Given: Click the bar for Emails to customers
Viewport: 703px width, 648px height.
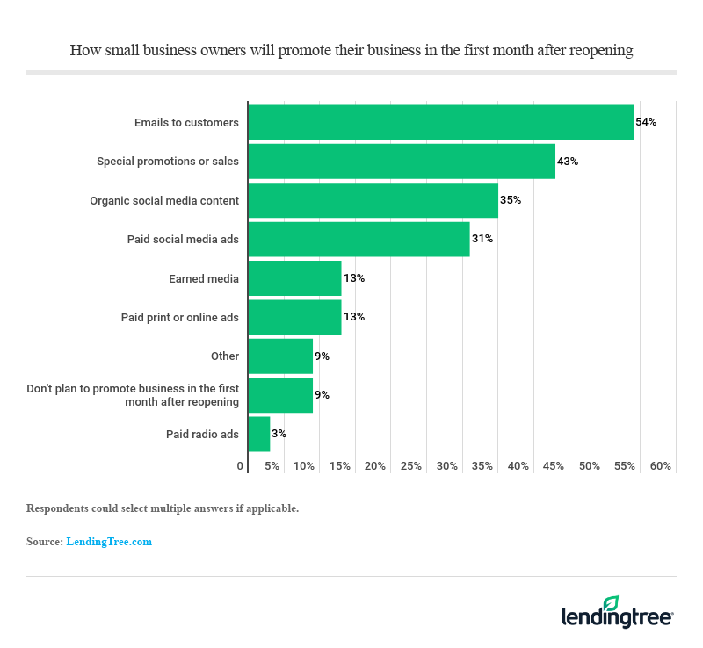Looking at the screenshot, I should click(x=440, y=122).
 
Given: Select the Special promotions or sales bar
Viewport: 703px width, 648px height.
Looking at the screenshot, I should click(x=402, y=162).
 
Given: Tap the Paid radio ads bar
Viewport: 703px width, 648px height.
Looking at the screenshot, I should click(x=259, y=434).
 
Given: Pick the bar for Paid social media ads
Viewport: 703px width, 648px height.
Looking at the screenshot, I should click(x=359, y=239).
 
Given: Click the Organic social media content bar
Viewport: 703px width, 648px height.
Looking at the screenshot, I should click(x=373, y=200).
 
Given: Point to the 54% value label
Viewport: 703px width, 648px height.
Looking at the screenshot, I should click(x=646, y=122).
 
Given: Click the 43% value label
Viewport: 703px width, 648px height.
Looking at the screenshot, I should click(x=568, y=162).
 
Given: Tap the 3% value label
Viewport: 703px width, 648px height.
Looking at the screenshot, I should click(x=279, y=434).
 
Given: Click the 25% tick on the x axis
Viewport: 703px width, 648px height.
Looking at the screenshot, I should click(x=411, y=466).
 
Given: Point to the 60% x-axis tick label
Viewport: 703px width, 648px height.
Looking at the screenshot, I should click(x=660, y=466).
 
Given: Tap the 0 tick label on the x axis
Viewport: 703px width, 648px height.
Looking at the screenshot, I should click(x=240, y=466).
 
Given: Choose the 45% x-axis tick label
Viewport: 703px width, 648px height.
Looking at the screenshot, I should click(x=554, y=466).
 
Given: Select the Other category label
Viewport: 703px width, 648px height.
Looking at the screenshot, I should click(x=225, y=356).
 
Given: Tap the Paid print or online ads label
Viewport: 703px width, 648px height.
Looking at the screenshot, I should click(x=180, y=317).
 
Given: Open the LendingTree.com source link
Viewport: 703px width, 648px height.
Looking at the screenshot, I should click(x=109, y=542).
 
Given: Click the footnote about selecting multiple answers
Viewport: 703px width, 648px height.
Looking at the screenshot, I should click(x=163, y=508).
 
